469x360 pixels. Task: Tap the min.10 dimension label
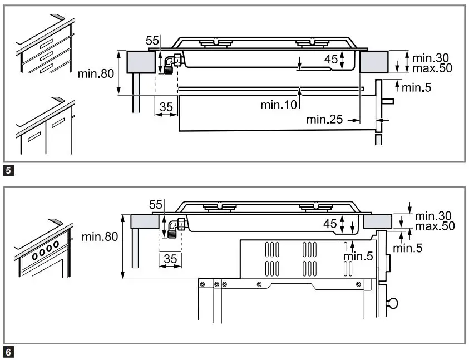279,105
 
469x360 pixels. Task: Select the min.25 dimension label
324,119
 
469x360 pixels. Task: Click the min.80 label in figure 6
100,236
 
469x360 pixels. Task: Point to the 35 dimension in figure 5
165,106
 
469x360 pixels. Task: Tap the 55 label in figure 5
152,41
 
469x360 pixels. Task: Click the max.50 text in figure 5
429,68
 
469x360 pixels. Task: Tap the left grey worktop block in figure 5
140,61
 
